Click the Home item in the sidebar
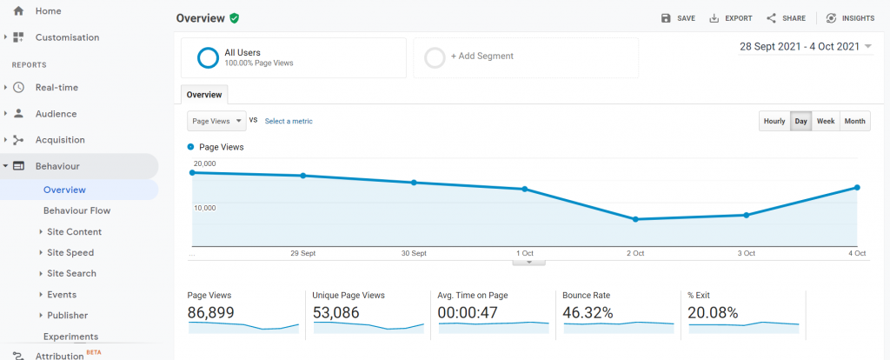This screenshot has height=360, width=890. click(48, 11)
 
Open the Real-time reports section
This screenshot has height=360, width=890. click(56, 88)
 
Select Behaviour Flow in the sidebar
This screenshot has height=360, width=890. click(76, 210)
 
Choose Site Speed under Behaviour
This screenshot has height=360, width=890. click(70, 253)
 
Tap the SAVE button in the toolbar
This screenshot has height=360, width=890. click(678, 18)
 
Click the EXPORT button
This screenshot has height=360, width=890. click(730, 18)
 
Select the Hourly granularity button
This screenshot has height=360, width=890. click(774, 122)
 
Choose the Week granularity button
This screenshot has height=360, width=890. click(825, 122)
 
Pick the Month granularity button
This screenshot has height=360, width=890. click(854, 122)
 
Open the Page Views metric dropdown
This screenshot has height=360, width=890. click(216, 121)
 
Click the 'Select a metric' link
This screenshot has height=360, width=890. click(289, 122)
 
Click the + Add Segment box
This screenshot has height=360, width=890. click(525, 57)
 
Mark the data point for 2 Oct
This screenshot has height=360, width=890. click(635, 219)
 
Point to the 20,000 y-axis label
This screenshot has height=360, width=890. click(204, 163)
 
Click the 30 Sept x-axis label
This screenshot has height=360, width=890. click(414, 253)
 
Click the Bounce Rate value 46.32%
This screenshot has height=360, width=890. click(588, 313)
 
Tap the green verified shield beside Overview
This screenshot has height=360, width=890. click(235, 18)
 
